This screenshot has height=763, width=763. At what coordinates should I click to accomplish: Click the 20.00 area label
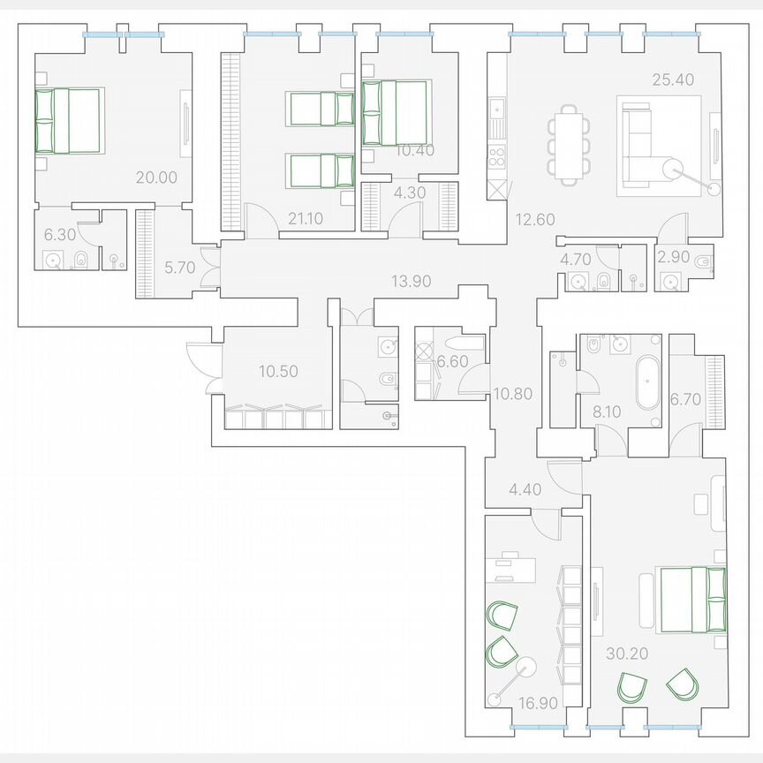pos(156,178)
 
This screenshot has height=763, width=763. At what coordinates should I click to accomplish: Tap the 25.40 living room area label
pos(673,79)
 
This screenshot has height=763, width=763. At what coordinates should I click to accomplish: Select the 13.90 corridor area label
pos(411,281)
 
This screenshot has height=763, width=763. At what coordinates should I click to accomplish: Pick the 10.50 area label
pos(278,372)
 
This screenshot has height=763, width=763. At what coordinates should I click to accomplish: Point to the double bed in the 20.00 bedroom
pos(68,120)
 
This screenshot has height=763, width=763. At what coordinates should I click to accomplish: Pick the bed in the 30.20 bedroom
pos(692,600)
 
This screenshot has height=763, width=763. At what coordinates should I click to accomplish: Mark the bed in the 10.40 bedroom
pos(396,112)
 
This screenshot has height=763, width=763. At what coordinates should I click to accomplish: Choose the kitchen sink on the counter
pos(497,112)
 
